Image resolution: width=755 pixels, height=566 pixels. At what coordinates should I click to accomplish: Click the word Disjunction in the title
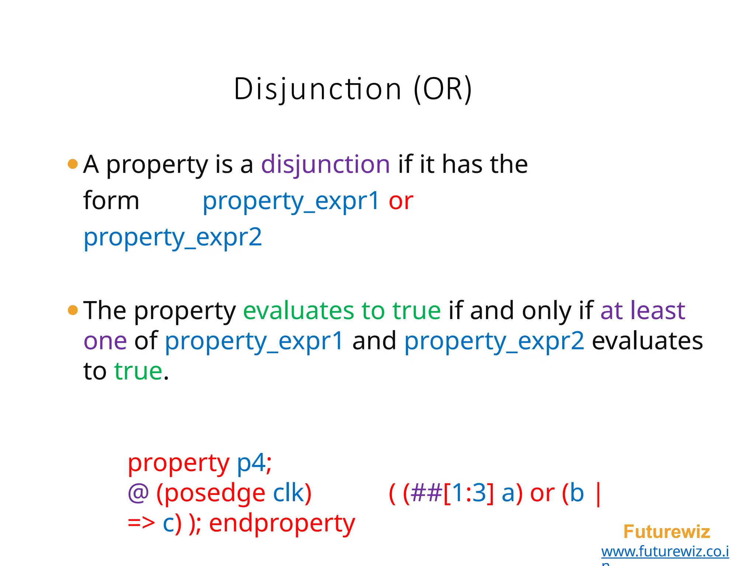[x=317, y=89]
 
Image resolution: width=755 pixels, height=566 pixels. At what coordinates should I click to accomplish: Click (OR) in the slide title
[x=442, y=89]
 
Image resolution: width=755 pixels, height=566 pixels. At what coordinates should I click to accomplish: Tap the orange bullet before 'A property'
[x=73, y=164]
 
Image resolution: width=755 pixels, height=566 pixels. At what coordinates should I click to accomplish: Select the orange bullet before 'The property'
[x=73, y=310]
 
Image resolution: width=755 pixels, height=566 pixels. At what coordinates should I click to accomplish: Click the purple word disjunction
[x=325, y=164]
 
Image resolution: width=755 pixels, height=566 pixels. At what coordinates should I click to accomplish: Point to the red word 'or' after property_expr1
[x=401, y=201]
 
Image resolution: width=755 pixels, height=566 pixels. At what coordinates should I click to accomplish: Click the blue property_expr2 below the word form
[x=173, y=237]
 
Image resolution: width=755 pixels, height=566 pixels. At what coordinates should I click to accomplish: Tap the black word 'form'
[x=111, y=201]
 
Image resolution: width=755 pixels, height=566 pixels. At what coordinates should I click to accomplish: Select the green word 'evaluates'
[x=298, y=311]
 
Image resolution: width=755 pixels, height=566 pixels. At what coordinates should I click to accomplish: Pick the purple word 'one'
[x=105, y=341]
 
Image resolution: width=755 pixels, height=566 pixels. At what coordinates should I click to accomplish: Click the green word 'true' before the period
[x=138, y=371]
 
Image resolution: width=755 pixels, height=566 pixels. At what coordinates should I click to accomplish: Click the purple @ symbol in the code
[x=138, y=493]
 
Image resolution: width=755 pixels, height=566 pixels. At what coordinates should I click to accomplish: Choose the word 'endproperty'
[x=282, y=524]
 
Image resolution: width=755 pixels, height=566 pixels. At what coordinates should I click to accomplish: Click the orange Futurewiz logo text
[x=667, y=532]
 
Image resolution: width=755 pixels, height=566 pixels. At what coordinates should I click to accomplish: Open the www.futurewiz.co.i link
[x=665, y=552]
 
